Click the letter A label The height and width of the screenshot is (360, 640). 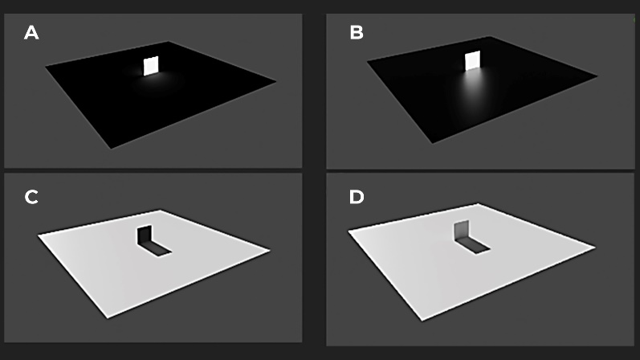[31, 33]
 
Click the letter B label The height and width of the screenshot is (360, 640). [357, 33]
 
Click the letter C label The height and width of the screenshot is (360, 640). [31, 197]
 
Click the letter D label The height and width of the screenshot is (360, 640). [357, 197]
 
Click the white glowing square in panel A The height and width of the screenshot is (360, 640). [151, 66]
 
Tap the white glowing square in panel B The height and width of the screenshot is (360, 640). [473, 60]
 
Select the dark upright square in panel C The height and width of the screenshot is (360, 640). [144, 235]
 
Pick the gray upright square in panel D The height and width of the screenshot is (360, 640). [461, 231]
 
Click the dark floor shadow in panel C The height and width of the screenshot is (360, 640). [155, 248]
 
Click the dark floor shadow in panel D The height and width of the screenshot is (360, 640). [472, 246]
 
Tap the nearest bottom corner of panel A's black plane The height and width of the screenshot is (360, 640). [111, 149]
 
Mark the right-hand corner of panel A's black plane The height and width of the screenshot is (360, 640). [276, 81]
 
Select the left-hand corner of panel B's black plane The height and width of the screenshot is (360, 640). [367, 61]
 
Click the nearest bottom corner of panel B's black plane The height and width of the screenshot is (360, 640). [433, 143]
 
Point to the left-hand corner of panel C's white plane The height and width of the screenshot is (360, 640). [39, 235]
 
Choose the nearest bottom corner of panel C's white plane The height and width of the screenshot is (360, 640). [108, 317]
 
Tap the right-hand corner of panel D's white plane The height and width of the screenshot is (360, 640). [595, 247]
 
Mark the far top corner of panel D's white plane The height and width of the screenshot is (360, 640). [478, 204]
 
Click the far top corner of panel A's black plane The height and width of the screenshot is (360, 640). [168, 42]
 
